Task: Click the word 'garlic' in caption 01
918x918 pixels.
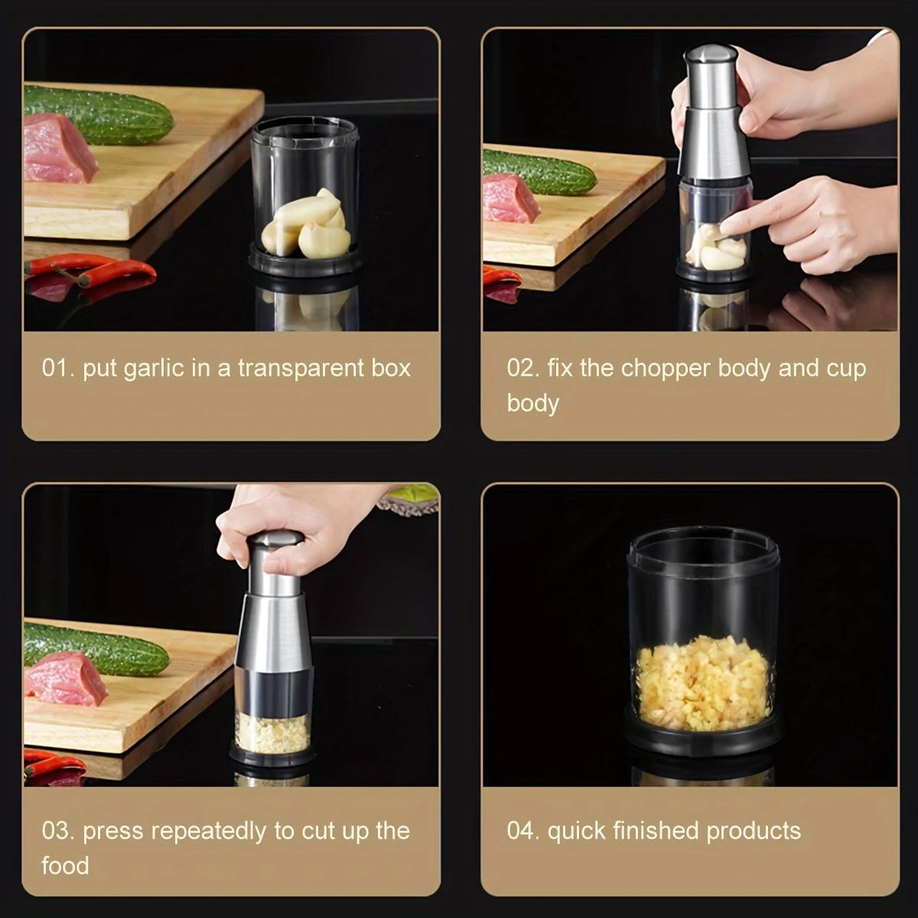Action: tap(154, 368)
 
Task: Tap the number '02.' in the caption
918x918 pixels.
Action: tap(523, 368)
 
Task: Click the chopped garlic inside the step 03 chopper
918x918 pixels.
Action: tap(272, 733)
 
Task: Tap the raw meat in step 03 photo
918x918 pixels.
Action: tap(65, 679)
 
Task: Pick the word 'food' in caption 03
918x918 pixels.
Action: tap(65, 866)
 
